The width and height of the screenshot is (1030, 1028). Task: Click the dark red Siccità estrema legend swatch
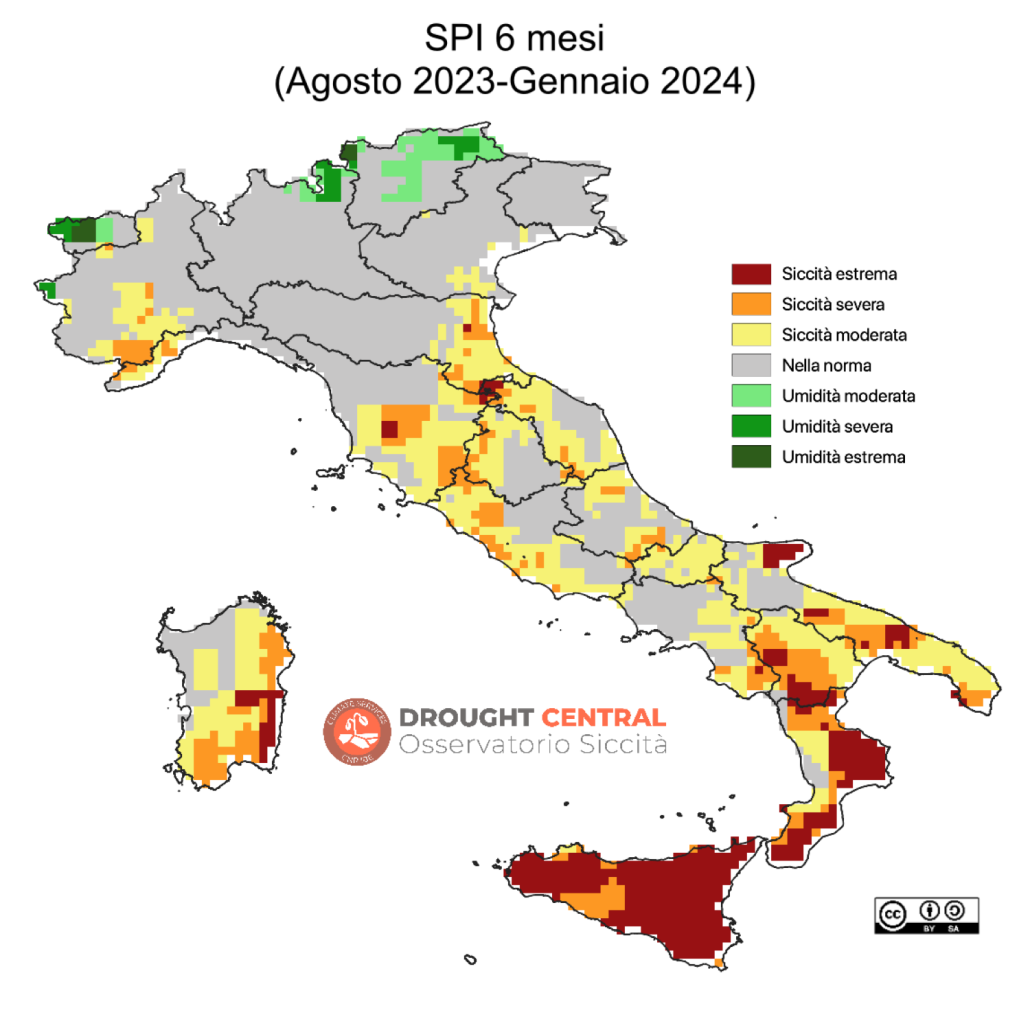tap(751, 274)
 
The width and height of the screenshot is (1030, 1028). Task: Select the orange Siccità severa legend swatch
tap(751, 304)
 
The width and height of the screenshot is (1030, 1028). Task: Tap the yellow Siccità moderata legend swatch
tap(751, 335)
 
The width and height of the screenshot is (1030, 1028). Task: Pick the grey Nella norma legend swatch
tap(751, 365)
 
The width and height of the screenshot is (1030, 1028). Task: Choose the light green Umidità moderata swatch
tap(751, 396)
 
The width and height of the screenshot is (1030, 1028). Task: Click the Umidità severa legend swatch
tap(751, 426)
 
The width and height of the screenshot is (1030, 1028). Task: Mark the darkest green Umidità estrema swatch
tap(751, 457)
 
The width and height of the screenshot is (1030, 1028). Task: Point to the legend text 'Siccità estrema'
tap(840, 274)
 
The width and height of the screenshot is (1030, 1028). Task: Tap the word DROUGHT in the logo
tap(465, 717)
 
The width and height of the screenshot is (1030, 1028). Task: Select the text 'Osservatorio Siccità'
tap(532, 745)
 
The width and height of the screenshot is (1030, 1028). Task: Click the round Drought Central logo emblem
tap(356, 732)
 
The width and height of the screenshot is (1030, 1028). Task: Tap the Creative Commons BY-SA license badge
tap(926, 915)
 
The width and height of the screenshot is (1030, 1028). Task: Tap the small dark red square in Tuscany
tap(389, 430)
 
